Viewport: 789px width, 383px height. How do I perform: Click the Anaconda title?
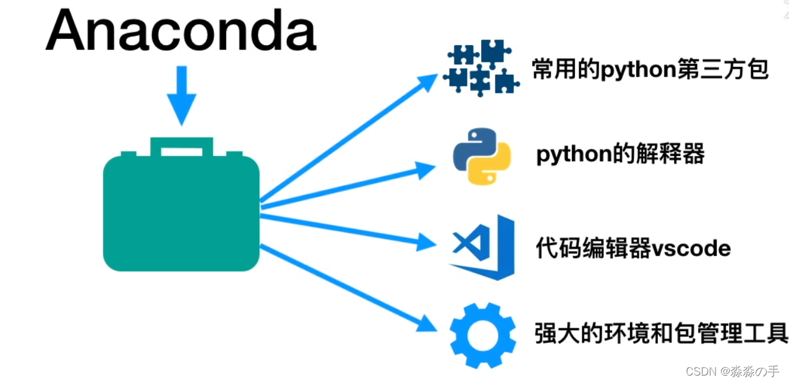[x=181, y=31]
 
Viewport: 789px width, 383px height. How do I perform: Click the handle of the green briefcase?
[x=182, y=146]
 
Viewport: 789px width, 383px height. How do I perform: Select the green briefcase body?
[x=181, y=213]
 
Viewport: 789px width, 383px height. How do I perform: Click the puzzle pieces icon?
[x=481, y=68]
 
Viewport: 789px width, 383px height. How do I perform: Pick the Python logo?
[x=482, y=157]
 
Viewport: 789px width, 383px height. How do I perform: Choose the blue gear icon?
[x=482, y=335]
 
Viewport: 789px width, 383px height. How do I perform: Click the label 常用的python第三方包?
[x=650, y=69]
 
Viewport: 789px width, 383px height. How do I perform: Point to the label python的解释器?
[x=620, y=154]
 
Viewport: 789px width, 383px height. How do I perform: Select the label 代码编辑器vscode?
[x=633, y=248]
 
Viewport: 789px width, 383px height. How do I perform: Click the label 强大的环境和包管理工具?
[x=661, y=334]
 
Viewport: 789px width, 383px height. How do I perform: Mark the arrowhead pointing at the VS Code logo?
[x=426, y=241]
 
